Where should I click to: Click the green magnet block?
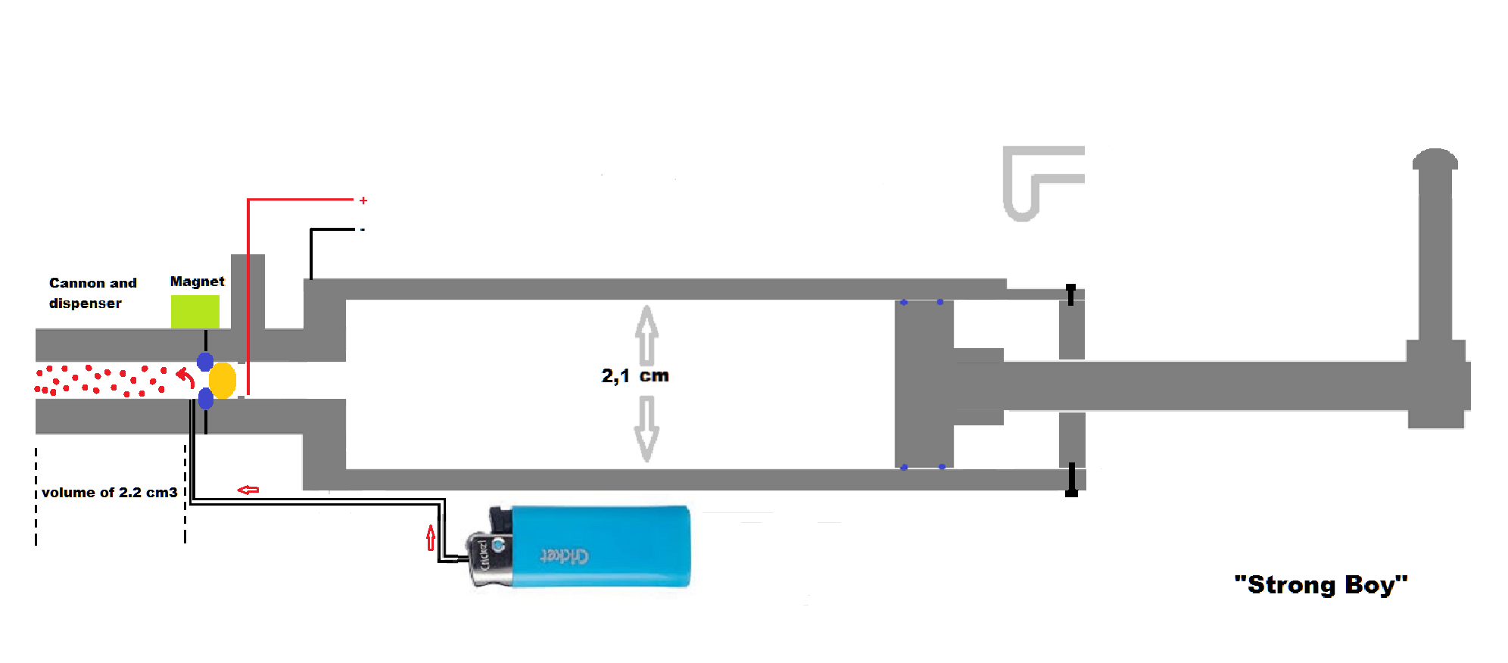tap(195, 311)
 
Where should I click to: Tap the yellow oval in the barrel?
tap(223, 381)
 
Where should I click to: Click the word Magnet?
tap(197, 282)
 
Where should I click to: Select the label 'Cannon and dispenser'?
tap(92, 293)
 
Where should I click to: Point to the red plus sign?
tap(363, 201)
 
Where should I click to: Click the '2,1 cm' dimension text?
tap(635, 375)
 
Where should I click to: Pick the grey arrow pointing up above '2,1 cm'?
tap(647, 335)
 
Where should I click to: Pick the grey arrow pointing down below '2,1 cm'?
tap(647, 428)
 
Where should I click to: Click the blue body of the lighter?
tap(600, 546)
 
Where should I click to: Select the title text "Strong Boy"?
tap(1320, 585)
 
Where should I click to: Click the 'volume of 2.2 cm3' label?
tap(110, 493)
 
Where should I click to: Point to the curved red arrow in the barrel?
tap(185, 376)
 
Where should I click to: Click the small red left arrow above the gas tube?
tap(248, 490)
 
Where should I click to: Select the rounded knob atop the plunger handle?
tap(1435, 159)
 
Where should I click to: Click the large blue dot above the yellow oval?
tap(205, 362)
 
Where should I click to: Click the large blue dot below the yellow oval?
tap(206, 398)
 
